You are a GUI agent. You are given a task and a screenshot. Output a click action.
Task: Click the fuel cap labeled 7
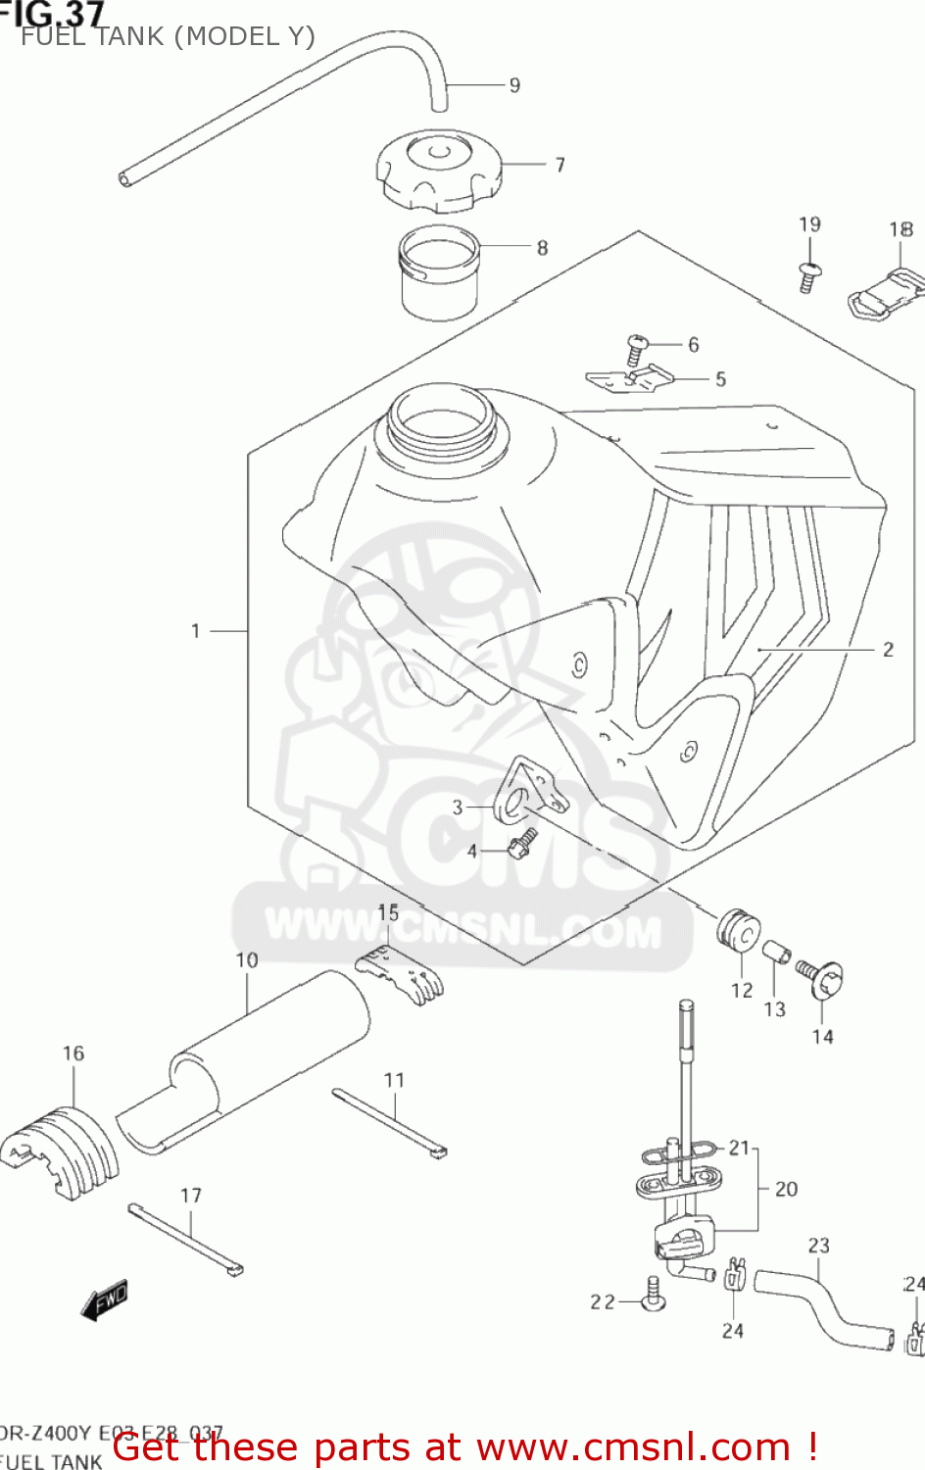(x=438, y=171)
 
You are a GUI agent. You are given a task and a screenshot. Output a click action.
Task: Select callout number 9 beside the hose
(x=514, y=85)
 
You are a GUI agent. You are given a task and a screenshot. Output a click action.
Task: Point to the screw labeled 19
(x=809, y=275)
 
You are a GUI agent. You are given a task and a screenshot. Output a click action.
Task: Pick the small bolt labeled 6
(x=637, y=348)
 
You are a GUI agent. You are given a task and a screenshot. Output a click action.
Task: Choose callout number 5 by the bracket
(x=720, y=379)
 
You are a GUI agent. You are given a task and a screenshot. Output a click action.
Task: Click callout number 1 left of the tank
(x=196, y=631)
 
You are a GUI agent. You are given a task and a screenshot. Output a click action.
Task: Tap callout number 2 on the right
(x=888, y=649)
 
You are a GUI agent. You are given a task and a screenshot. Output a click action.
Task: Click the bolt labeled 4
(x=522, y=841)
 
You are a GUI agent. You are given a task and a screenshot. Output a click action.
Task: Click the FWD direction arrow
(x=104, y=1300)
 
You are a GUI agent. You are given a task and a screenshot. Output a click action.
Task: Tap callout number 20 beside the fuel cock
(x=786, y=1189)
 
